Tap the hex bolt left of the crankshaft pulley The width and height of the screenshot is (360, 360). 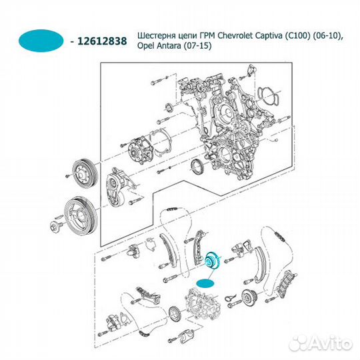point(53,229)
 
